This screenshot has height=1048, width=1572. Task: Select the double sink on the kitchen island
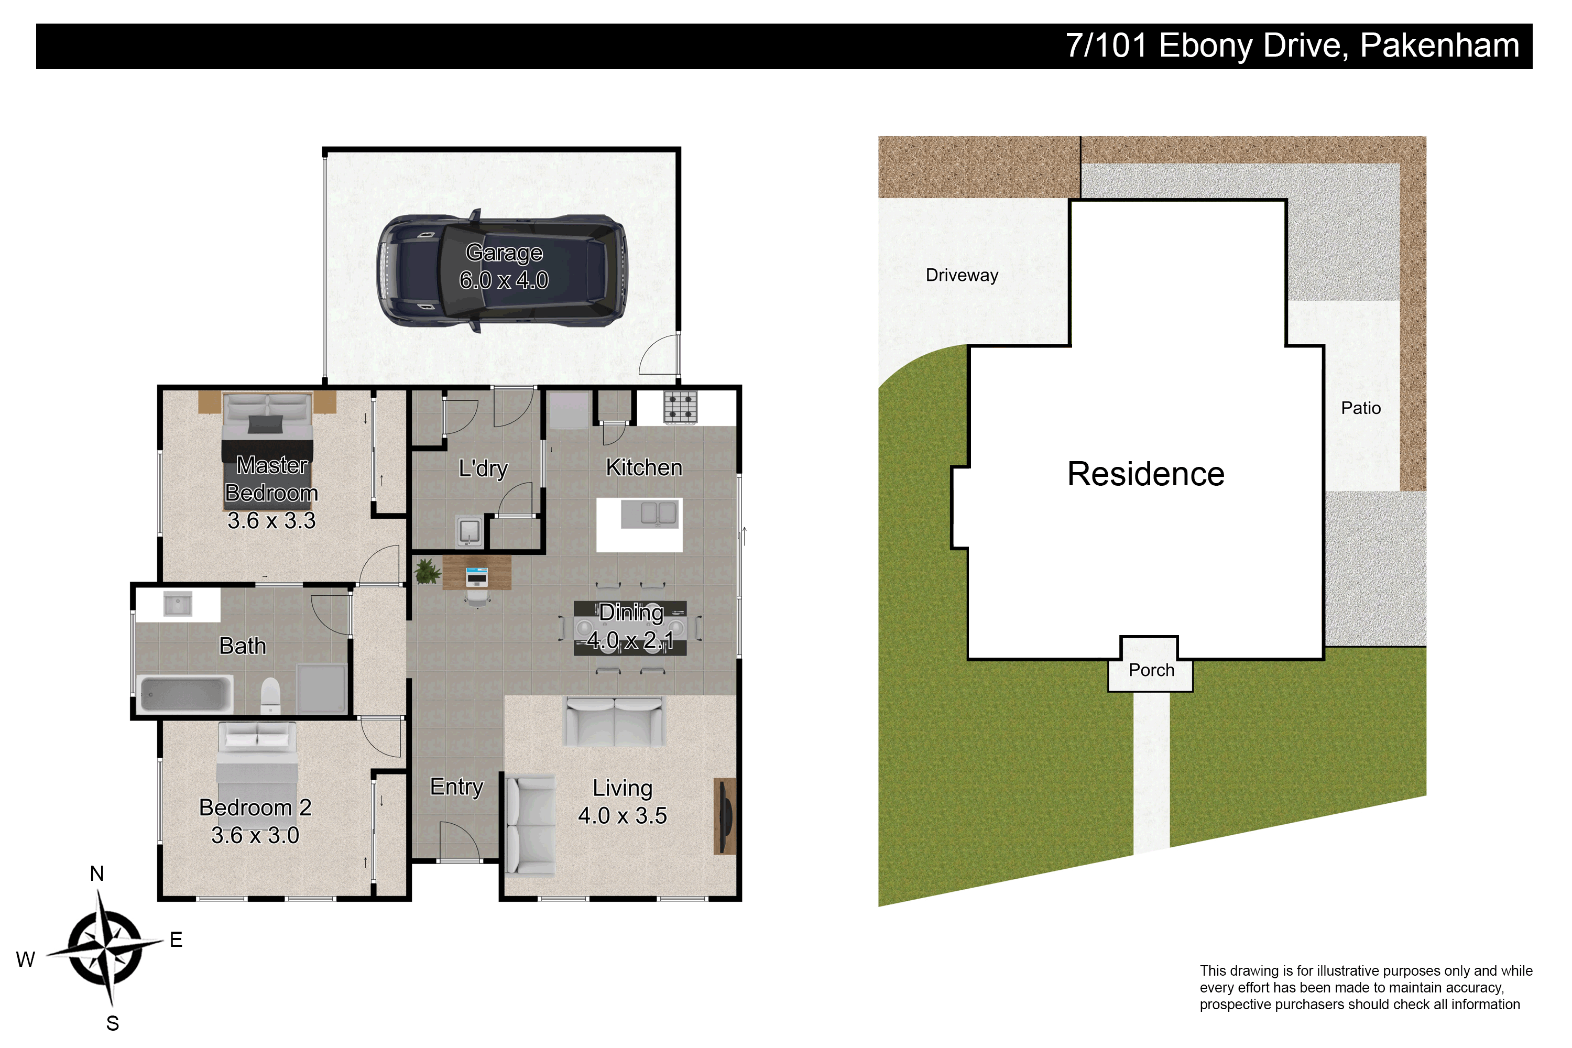(651, 514)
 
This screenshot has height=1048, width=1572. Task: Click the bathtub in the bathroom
(184, 695)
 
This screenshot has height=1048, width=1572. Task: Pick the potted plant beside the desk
(428, 572)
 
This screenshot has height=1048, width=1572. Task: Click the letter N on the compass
(97, 874)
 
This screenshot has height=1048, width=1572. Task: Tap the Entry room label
(456, 788)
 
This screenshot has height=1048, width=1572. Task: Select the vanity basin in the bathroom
(178, 605)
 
